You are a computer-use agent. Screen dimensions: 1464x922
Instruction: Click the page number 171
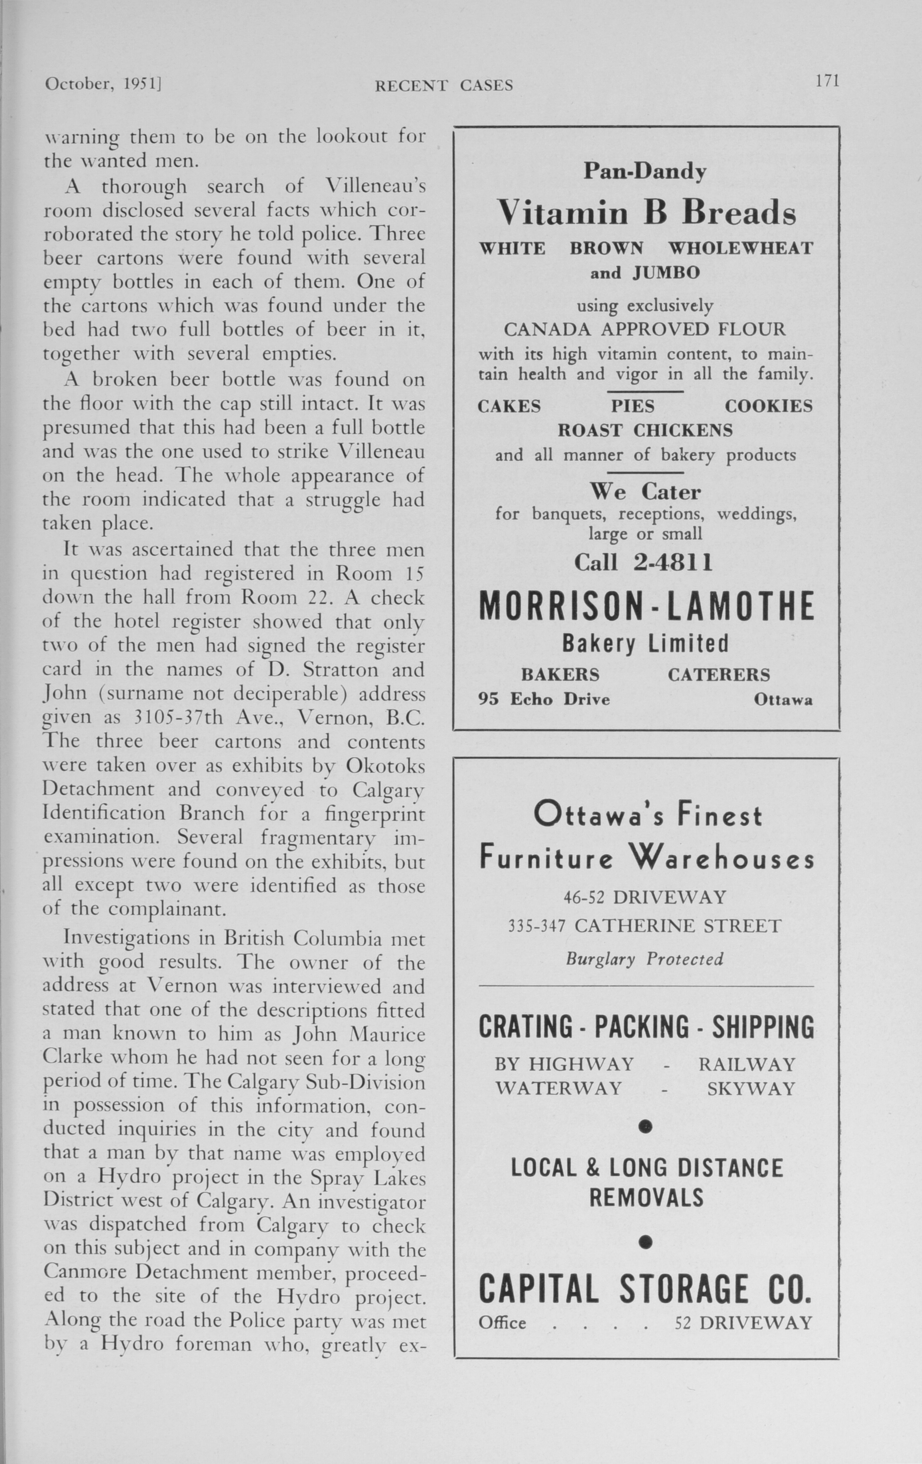[x=827, y=81]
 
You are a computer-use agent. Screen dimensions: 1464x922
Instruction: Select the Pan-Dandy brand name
[x=645, y=172]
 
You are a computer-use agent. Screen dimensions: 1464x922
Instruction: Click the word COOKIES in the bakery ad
[x=768, y=406]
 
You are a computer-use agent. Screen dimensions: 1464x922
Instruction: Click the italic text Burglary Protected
[x=644, y=959]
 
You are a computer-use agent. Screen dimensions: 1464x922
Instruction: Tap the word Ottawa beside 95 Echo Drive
[x=783, y=700]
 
